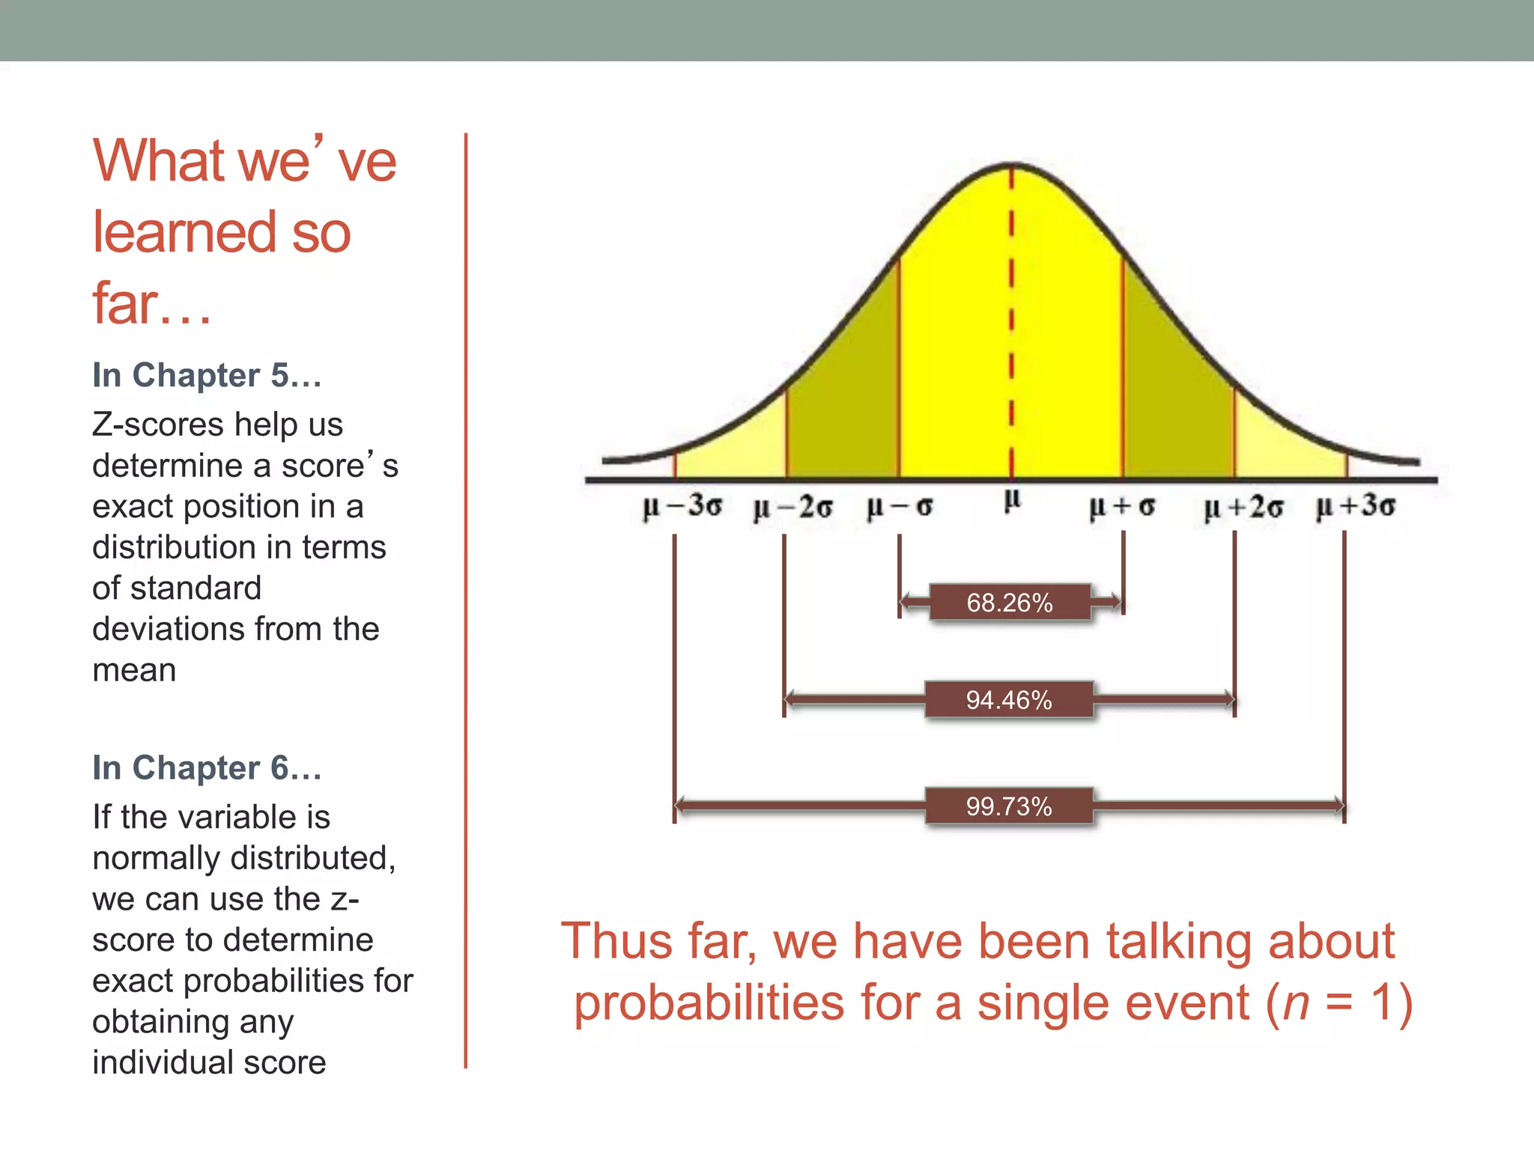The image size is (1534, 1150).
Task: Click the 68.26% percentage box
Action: click(1009, 603)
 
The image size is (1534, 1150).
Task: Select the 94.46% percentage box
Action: click(1009, 700)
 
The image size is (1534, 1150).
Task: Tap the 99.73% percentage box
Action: click(1009, 806)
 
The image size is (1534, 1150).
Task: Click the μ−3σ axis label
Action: click(682, 506)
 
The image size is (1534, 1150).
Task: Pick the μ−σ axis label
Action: click(900, 507)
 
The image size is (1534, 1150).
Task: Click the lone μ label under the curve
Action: click(1012, 499)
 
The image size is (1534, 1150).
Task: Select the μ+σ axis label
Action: click(1122, 507)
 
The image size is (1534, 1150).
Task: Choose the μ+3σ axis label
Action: click(1356, 506)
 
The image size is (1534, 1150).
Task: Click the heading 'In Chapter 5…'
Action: click(207, 375)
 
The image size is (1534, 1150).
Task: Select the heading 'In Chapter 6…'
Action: click(207, 767)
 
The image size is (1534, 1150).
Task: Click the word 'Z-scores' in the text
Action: click(158, 425)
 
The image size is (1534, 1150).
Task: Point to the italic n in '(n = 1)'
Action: click(1296, 1003)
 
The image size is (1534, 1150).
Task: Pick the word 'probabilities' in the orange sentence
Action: click(709, 1003)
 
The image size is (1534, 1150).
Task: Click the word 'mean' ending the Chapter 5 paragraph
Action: click(134, 670)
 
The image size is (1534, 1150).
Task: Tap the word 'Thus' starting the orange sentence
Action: click(616, 941)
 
